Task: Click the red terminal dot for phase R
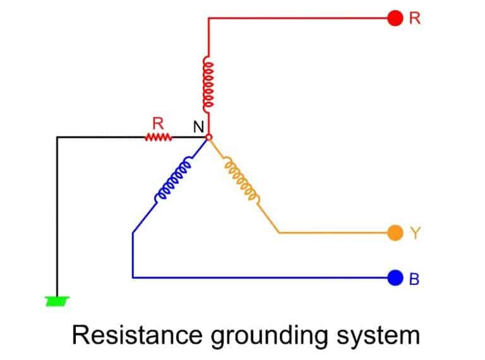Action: coord(395,18)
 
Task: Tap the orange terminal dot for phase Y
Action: coord(395,233)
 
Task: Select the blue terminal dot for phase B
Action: coord(395,277)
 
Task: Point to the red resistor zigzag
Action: coord(158,136)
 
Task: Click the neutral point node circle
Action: coord(209,136)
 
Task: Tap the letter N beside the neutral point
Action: coord(198,126)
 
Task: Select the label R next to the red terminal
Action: coord(415,18)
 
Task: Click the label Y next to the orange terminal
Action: coord(415,233)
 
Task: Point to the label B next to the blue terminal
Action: coord(415,278)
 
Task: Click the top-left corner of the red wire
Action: coord(208,18)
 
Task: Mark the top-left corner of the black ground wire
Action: coord(57,137)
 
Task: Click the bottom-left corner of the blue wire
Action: coord(133,277)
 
